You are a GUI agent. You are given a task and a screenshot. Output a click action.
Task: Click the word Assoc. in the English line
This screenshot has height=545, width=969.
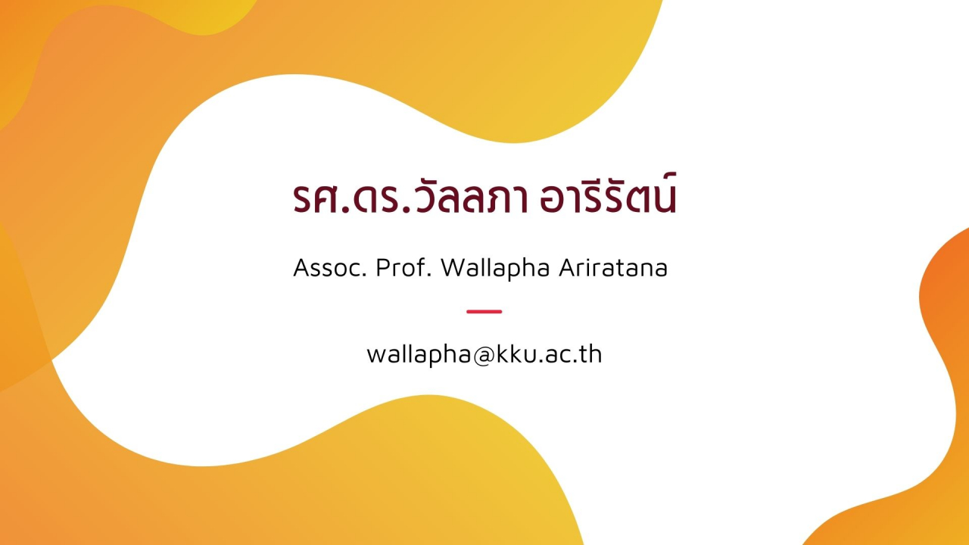click(x=330, y=268)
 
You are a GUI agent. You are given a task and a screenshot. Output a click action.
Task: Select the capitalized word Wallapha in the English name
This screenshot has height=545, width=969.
click(x=495, y=269)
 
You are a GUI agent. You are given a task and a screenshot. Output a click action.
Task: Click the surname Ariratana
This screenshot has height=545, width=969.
click(x=613, y=268)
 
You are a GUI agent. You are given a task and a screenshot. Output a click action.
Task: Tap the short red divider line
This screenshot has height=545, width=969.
click(x=484, y=311)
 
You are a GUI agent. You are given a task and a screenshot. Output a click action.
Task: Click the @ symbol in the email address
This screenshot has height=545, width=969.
click(x=484, y=356)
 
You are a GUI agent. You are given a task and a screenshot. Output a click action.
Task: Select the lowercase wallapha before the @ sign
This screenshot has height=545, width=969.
click(x=419, y=356)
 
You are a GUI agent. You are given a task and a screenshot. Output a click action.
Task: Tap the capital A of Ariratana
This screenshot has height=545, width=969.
click(x=568, y=268)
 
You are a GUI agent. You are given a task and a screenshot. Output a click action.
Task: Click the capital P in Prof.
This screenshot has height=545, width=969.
click(x=383, y=268)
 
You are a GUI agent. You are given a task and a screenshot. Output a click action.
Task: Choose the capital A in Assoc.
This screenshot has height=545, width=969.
click(x=302, y=268)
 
